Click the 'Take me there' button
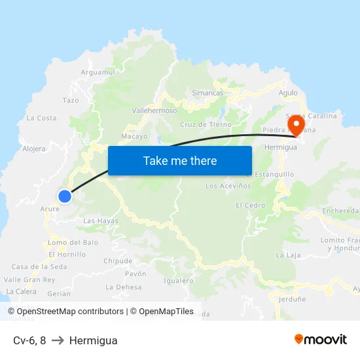click(x=180, y=160)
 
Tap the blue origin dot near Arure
click(x=64, y=196)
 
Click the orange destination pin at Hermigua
click(x=297, y=124)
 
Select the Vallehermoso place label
click(x=154, y=111)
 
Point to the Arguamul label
click(x=98, y=72)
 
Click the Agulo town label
click(x=288, y=93)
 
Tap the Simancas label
click(x=207, y=93)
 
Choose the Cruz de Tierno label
click(x=205, y=124)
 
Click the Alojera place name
click(x=34, y=149)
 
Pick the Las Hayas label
click(x=101, y=221)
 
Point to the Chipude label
click(x=118, y=261)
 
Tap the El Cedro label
click(x=251, y=206)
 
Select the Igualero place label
click(x=179, y=281)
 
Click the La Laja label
click(x=288, y=255)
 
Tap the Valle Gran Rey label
click(x=29, y=279)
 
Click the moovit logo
click(x=320, y=339)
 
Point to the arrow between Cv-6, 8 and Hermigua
click(x=58, y=340)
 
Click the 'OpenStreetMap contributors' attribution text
click(x=70, y=312)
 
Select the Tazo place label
click(x=71, y=100)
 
